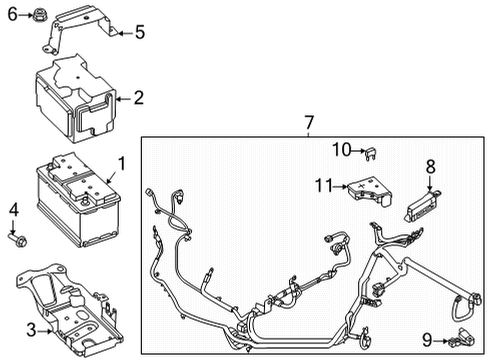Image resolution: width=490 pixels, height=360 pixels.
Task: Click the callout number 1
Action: click(122, 162)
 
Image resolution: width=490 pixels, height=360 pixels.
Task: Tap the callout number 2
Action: click(138, 98)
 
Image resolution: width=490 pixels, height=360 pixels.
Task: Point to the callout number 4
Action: click(14, 209)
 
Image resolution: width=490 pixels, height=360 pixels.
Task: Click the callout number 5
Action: click(139, 32)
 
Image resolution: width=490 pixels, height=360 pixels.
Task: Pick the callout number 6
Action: click(12, 15)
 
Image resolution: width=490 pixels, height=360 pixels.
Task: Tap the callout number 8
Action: click(431, 167)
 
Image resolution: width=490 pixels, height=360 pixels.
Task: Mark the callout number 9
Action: click(427, 340)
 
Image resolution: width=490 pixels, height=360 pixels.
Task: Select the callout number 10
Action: click(342, 150)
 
